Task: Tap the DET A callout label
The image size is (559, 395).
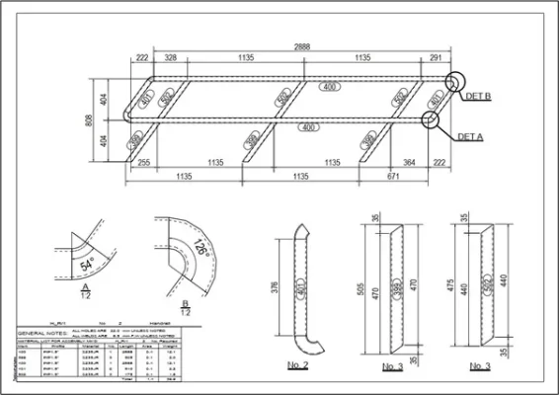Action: pyautogui.click(x=472, y=136)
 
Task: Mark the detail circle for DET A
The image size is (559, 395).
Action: pyautogui.click(x=432, y=120)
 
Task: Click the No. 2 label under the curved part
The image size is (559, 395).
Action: pyautogui.click(x=300, y=366)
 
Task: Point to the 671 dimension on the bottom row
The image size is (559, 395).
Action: pyautogui.click(x=394, y=177)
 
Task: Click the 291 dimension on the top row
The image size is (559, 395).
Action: pyautogui.click(x=436, y=59)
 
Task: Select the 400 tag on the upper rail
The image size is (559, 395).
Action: pyautogui.click(x=330, y=88)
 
